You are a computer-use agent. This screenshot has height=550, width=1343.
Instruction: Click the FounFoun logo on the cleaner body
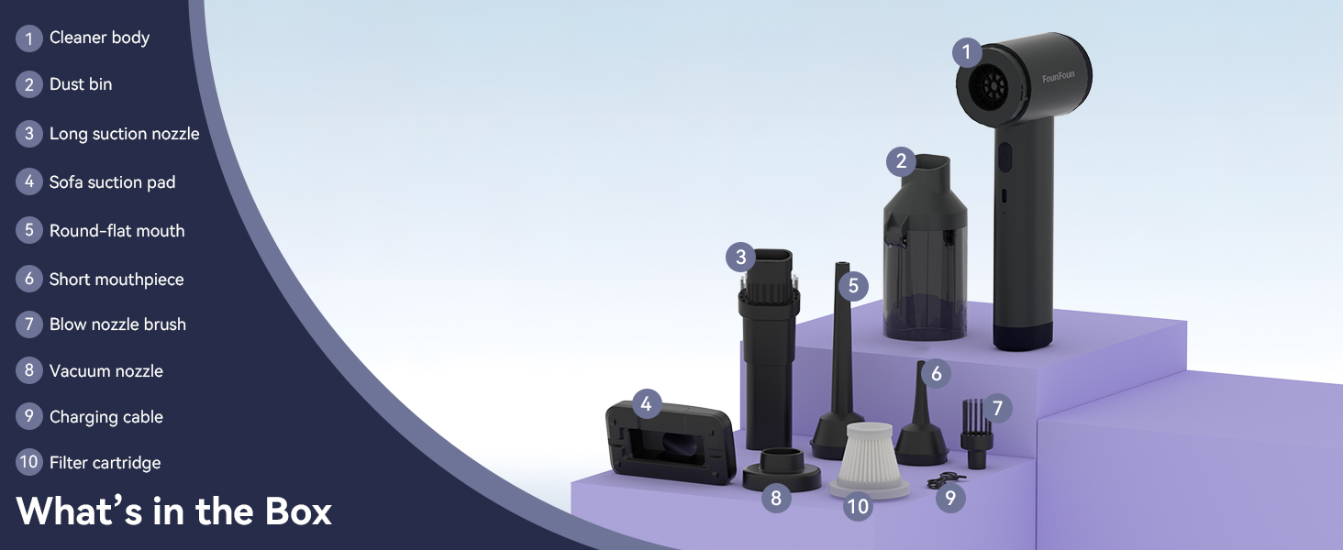1059,77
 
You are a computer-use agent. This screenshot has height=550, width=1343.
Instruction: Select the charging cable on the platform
945,480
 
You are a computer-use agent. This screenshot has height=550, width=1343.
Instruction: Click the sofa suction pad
671,444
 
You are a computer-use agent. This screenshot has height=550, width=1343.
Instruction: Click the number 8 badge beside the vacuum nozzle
776,497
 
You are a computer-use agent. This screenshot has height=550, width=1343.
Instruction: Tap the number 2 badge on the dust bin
901,161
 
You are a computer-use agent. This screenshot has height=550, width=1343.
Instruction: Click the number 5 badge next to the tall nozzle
853,286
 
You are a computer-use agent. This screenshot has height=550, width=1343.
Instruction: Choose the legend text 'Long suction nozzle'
124,134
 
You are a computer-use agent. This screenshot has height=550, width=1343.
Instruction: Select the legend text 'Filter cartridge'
105,463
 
